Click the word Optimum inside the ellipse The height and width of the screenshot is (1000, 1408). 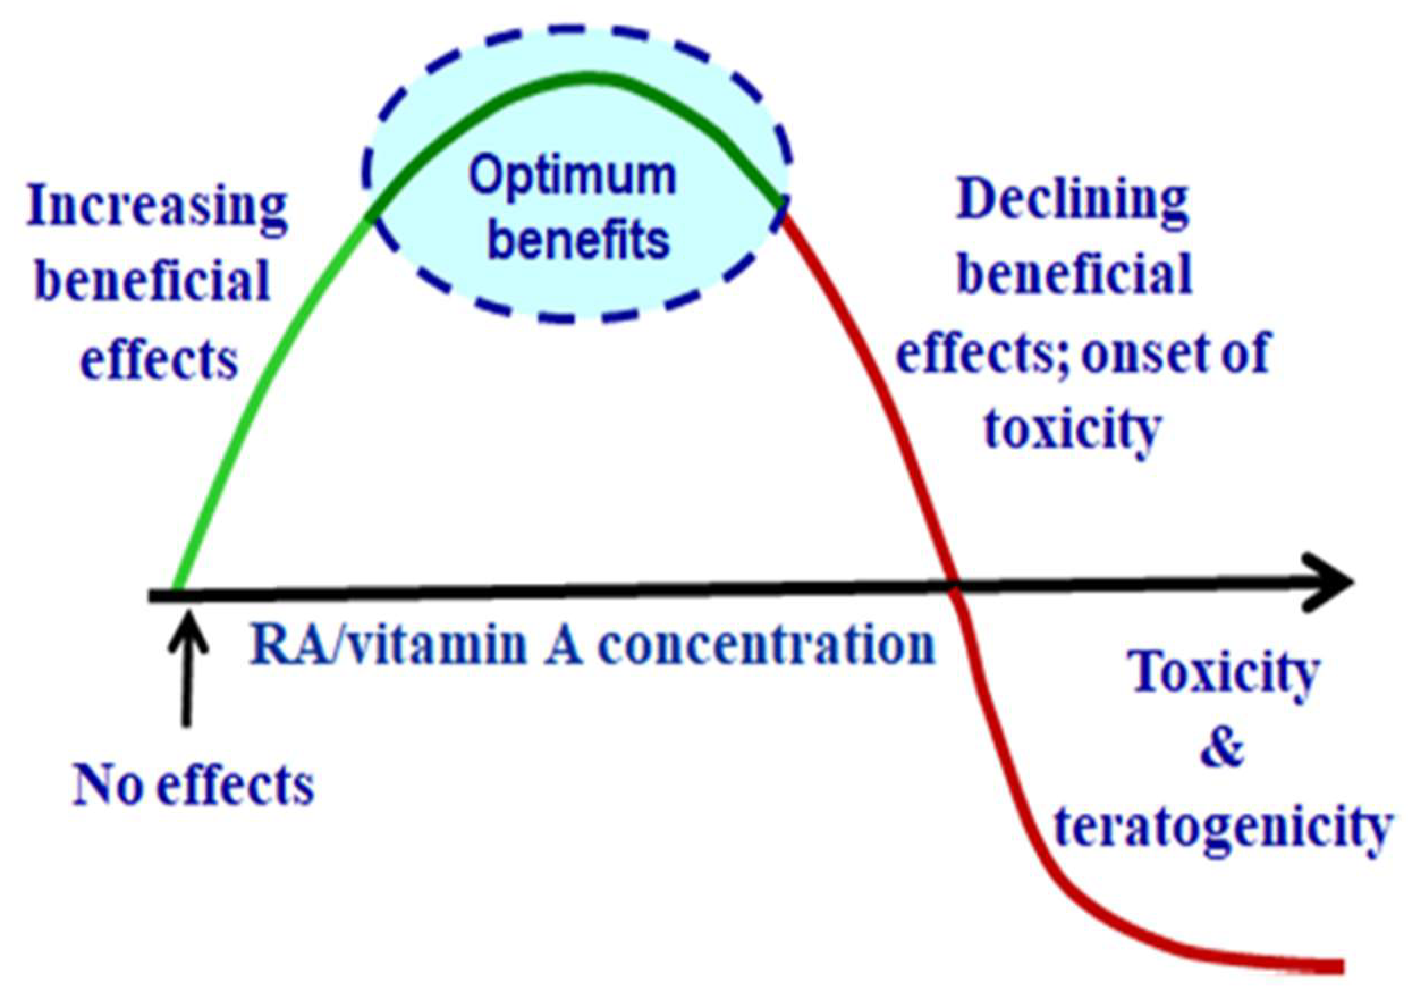tap(572, 178)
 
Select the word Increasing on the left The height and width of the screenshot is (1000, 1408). tap(158, 208)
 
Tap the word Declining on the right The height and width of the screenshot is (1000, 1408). tap(1072, 201)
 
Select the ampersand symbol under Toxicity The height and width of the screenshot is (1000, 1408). tap(1223, 748)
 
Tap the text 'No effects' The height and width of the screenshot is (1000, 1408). tap(194, 786)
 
